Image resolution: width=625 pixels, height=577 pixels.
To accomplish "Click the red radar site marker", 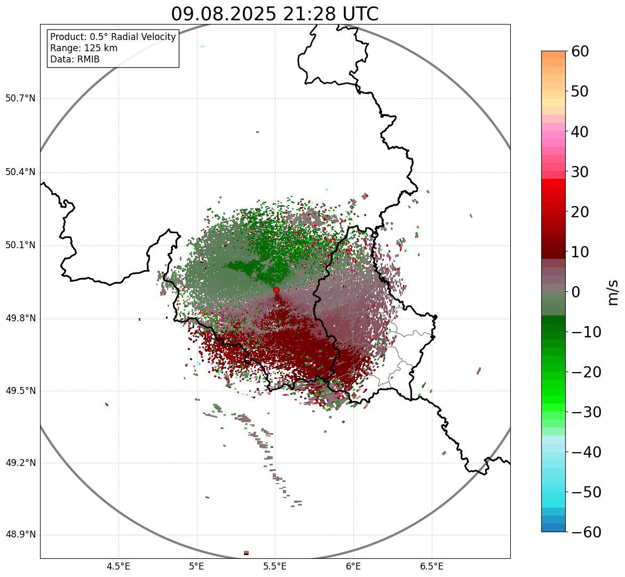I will tap(276, 290).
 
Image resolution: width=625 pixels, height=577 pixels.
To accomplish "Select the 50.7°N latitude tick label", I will tap(20, 98).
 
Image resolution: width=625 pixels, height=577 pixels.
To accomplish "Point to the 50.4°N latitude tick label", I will tap(20, 172).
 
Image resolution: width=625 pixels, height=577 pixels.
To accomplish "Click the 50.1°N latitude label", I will tap(20, 246).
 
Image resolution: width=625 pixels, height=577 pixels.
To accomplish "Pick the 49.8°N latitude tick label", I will tap(20, 319).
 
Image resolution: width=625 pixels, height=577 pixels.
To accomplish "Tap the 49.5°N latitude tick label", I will tap(20, 391).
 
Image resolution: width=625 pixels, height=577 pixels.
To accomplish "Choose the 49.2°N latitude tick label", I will tap(20, 463).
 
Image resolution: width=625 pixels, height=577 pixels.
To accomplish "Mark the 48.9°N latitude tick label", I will tap(20, 535).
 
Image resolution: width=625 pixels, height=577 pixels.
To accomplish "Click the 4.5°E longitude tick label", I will tap(118, 566).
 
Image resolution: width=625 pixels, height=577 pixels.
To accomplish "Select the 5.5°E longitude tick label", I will tap(275, 566).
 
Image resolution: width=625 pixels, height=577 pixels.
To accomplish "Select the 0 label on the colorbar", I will tap(576, 292).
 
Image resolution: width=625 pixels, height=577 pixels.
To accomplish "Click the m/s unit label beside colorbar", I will tap(613, 292).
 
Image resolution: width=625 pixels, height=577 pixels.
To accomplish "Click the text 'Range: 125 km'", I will tap(84, 48).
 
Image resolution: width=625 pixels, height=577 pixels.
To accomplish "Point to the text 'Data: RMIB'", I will tap(75, 59).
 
